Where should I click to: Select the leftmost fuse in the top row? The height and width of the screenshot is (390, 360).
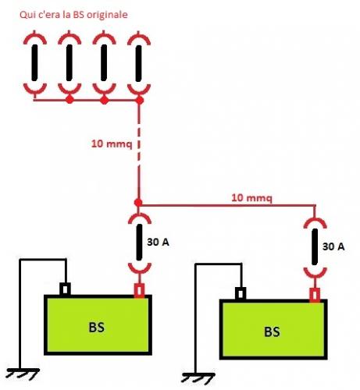click(35, 62)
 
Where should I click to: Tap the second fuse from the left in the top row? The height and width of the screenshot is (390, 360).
click(70, 62)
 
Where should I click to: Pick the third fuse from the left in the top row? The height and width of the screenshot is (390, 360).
click(104, 62)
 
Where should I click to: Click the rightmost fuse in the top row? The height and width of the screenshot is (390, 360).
click(139, 62)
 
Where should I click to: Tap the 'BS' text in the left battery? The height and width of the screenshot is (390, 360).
click(97, 327)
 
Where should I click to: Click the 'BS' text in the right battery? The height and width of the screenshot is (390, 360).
click(272, 331)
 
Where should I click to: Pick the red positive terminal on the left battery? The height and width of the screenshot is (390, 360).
click(139, 291)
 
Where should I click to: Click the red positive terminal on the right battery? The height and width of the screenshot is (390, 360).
click(314, 295)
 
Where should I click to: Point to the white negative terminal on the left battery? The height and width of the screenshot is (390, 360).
click(66, 289)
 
